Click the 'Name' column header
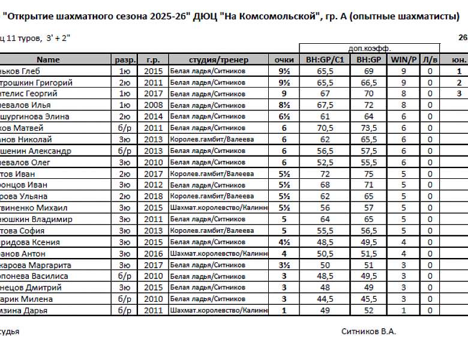click(x=49, y=59)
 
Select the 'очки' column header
click(x=284, y=59)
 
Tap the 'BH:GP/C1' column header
click(x=325, y=59)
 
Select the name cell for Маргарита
click(x=35, y=265)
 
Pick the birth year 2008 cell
click(x=153, y=105)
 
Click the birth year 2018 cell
click(x=153, y=196)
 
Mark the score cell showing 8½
click(x=284, y=105)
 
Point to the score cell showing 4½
click(x=284, y=242)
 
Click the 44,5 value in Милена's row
click(x=325, y=299)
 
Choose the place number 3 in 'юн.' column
click(x=459, y=94)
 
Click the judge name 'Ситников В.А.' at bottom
click(x=368, y=331)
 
